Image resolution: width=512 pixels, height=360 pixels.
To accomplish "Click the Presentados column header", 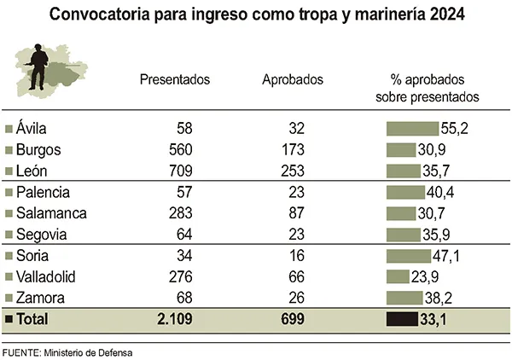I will pos(175,80).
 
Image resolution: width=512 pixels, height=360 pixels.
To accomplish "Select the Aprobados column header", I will pos(293,80).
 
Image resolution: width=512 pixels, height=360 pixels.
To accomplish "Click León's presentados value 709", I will pos(181,170).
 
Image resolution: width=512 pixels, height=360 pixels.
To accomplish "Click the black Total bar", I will pos(402,320).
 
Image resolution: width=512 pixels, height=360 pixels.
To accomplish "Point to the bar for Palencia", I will pos(404,192).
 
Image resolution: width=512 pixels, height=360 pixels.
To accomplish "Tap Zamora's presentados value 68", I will pos(184,298).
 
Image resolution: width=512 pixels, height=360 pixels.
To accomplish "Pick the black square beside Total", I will pos(9,320).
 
